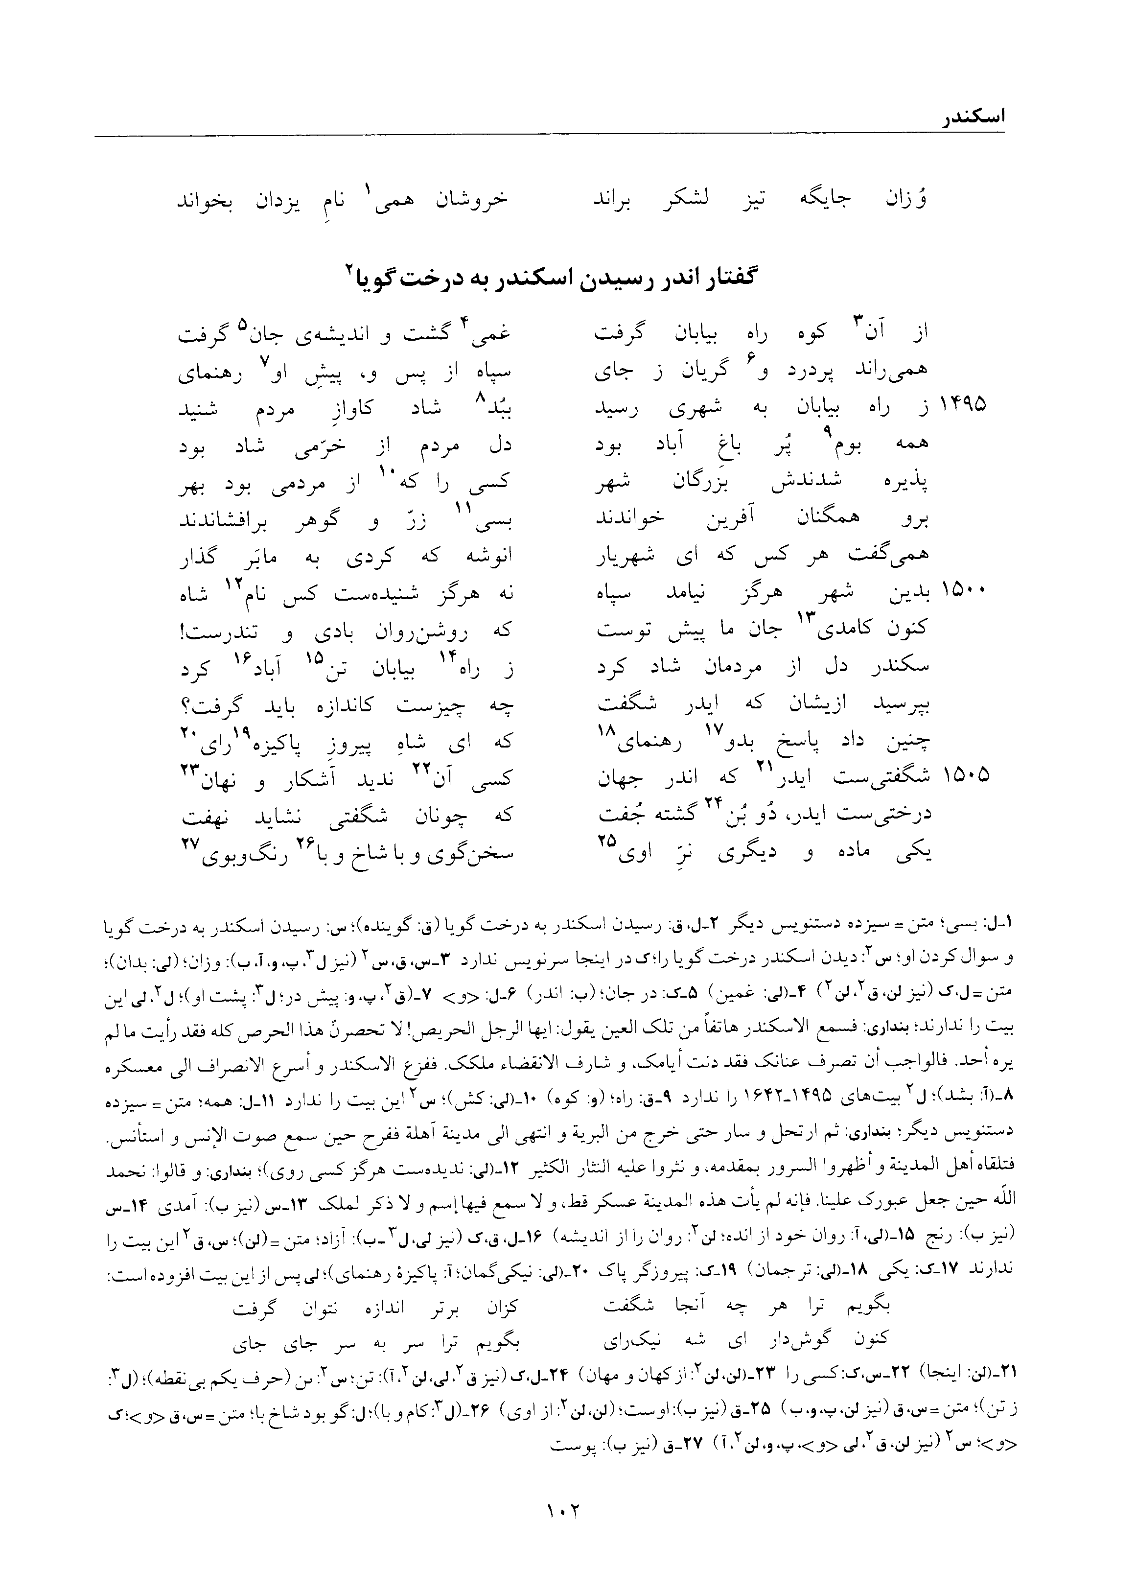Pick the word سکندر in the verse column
(898, 665)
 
